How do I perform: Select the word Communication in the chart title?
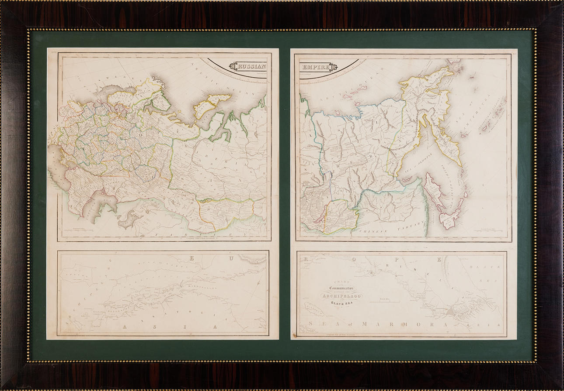click(x=342, y=288)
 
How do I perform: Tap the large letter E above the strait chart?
click(x=191, y=258)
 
